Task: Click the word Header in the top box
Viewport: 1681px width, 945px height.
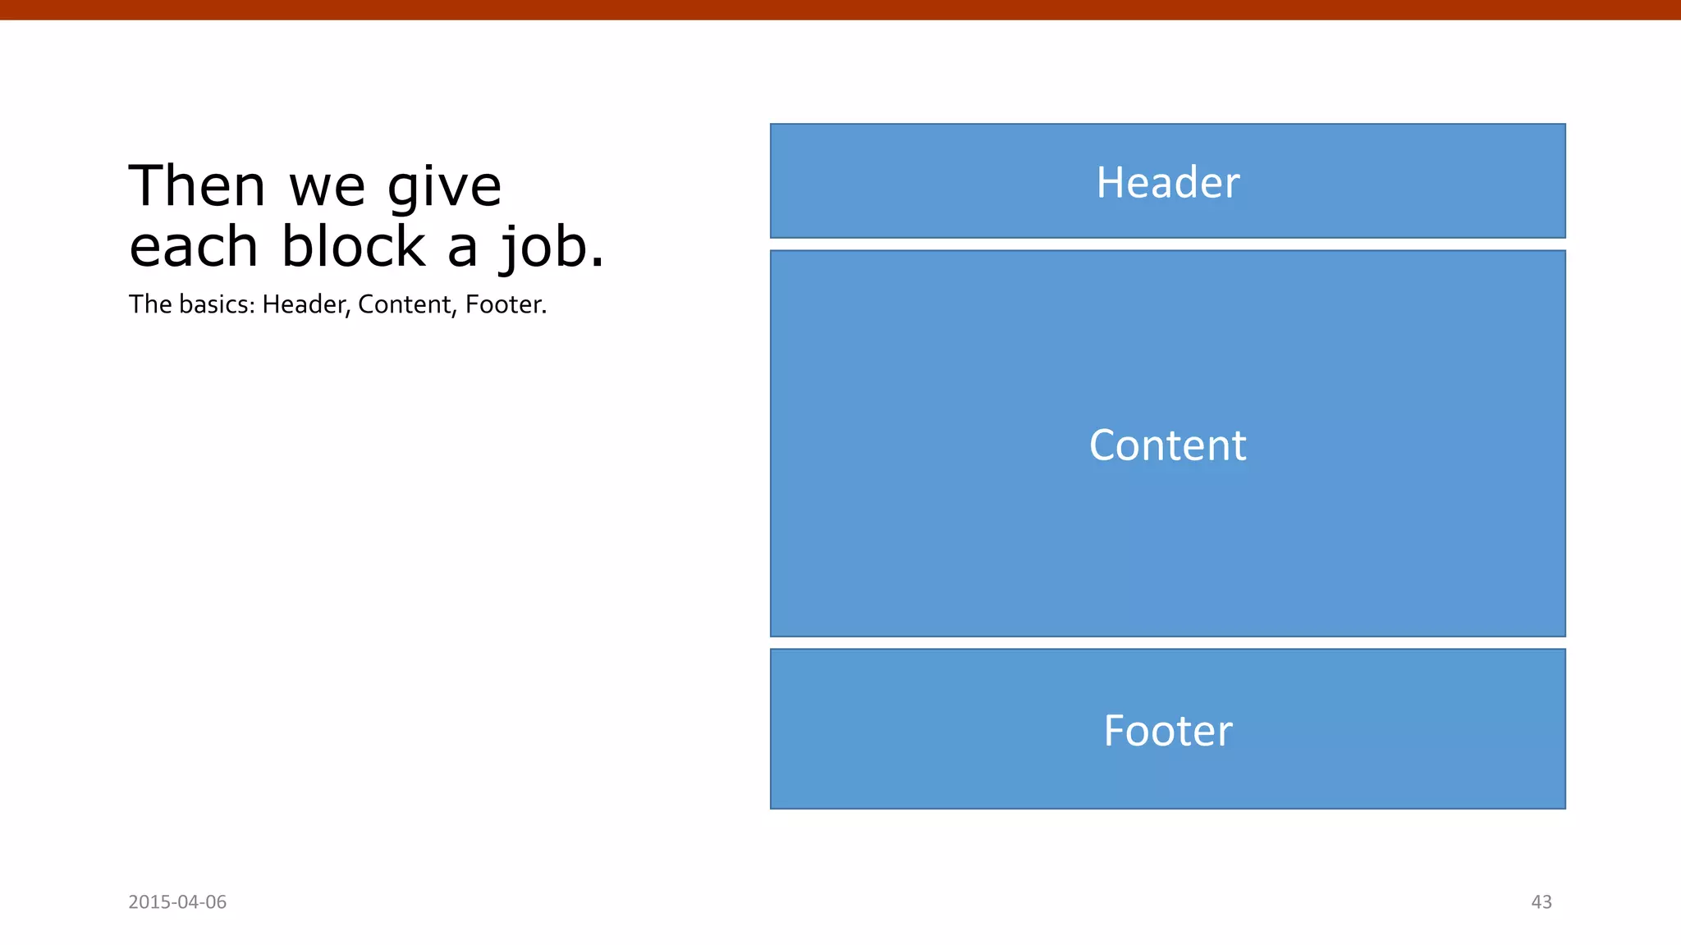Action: coord(1167,182)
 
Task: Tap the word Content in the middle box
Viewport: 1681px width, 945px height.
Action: coord(1167,445)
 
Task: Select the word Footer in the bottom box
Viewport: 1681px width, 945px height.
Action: coord(1167,731)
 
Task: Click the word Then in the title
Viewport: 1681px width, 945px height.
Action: coord(197,186)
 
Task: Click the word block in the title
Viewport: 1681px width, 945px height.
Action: coord(353,247)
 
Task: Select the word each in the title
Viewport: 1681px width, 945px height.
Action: coord(194,247)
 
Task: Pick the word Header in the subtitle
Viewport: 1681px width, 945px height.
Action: coord(306,304)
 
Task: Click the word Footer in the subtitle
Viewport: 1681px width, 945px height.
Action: coord(505,304)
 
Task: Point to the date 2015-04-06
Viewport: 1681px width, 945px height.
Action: coord(177,902)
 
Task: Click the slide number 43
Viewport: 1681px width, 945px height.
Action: coord(1541,902)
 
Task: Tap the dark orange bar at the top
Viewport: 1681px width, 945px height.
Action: coord(840,9)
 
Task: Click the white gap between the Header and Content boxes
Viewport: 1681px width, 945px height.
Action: coord(1167,244)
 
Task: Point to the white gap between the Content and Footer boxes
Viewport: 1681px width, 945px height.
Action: coord(1167,643)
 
